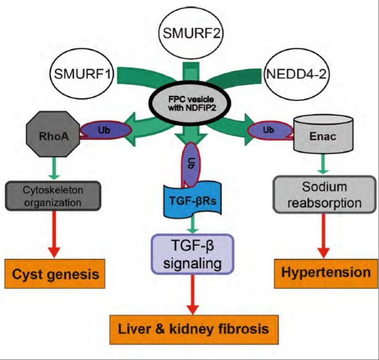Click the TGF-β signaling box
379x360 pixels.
(191, 253)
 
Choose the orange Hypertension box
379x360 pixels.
(325, 272)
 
